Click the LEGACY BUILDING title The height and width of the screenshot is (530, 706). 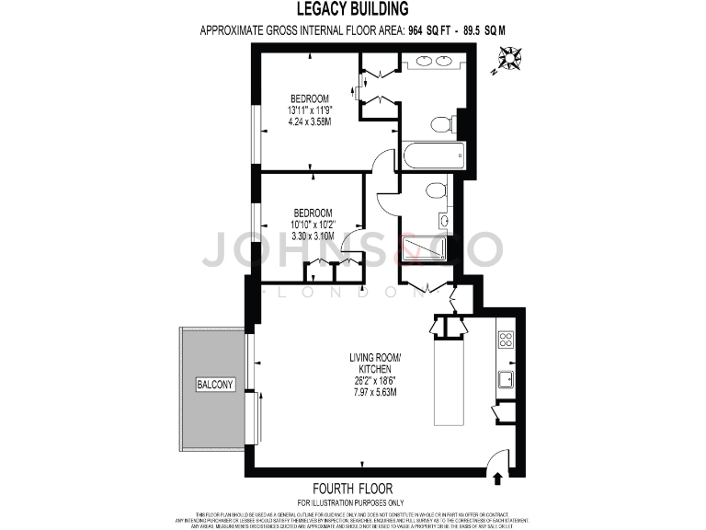point(353,9)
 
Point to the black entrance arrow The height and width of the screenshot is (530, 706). point(498,478)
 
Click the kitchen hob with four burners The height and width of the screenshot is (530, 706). point(506,339)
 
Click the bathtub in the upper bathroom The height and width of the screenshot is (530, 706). point(433,156)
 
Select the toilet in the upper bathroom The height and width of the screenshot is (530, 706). point(442,123)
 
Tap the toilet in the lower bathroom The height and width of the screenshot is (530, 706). point(436,190)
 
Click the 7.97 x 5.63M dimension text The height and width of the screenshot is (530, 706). point(375,393)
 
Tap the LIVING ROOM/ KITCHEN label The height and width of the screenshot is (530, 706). point(375,363)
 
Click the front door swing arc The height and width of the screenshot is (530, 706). point(496,455)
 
